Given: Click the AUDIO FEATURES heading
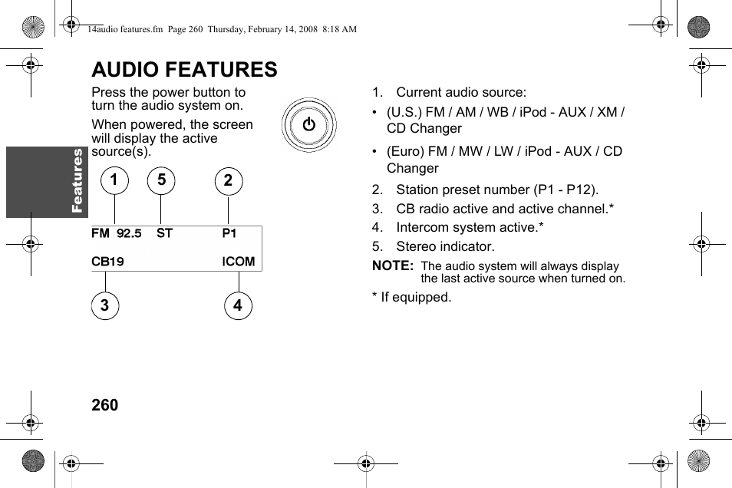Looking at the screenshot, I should click(x=184, y=70).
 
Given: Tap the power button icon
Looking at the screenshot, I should click(x=308, y=124).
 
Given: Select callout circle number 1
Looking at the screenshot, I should click(x=114, y=181).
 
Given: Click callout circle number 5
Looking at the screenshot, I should click(x=161, y=181).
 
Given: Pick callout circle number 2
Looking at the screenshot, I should click(x=228, y=181).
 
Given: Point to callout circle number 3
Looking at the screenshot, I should click(x=105, y=306).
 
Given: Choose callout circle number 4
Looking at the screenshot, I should click(x=238, y=306).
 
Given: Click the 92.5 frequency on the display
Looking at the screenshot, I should click(x=129, y=233).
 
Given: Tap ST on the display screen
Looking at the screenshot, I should click(x=164, y=233).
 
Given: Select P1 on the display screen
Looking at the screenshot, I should click(x=229, y=233).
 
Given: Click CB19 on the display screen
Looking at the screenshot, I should click(x=107, y=262).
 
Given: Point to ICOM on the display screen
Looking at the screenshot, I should click(x=239, y=262).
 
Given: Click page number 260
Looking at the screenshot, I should click(x=105, y=405).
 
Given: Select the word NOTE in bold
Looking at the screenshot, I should click(x=392, y=266).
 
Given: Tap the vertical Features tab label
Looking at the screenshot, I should click(x=77, y=180).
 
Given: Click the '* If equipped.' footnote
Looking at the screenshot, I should click(x=412, y=297).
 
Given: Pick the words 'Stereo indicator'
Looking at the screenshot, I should click(x=445, y=246).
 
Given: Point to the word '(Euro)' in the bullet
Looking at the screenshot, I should click(x=404, y=151).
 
